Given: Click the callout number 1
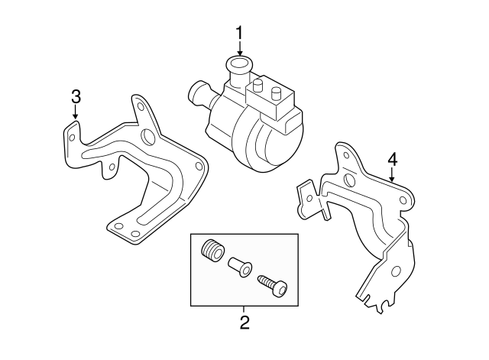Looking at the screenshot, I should coord(239,33).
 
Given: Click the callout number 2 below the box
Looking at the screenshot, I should coord(244,322).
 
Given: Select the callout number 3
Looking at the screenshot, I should coord(76,96).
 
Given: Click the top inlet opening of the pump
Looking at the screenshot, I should coord(239,63).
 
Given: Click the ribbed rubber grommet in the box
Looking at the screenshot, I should coord(212,251).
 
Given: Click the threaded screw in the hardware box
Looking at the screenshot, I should coord(271,284).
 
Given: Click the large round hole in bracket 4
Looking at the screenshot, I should coord(349,180).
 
